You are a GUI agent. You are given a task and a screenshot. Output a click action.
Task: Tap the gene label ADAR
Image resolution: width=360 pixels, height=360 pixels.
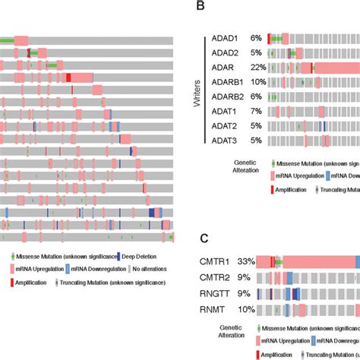click(x=226, y=68)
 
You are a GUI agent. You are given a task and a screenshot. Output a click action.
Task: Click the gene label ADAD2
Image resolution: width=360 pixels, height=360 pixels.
click(x=228, y=53)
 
